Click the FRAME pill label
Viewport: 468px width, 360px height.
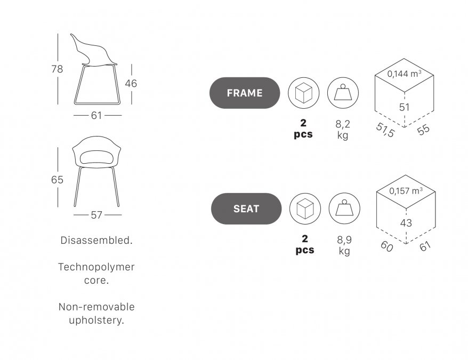[x=245, y=93]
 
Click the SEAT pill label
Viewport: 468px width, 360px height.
[x=246, y=209]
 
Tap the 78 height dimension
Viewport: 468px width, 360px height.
[x=57, y=69]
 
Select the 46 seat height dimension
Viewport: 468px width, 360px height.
[x=131, y=83]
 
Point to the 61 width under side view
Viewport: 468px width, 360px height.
[x=96, y=115]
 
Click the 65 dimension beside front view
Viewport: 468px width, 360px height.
[x=57, y=180]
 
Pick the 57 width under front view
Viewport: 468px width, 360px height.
[x=96, y=215]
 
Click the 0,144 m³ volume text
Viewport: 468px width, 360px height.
[x=405, y=74]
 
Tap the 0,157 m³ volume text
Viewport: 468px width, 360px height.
[x=406, y=190]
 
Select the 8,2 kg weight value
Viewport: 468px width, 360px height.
[x=343, y=130]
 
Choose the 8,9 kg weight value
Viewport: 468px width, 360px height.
[x=344, y=245]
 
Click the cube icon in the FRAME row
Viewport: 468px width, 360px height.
[x=303, y=93]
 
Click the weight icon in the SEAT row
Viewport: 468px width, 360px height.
[x=344, y=209]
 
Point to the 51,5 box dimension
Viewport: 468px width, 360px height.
[x=385, y=130]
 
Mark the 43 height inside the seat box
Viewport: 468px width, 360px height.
[x=406, y=223]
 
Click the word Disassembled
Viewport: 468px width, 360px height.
[x=96, y=240]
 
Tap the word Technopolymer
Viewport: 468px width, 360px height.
[x=96, y=267]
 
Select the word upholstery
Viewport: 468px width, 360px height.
[x=96, y=320]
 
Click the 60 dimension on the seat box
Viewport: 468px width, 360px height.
[x=387, y=246]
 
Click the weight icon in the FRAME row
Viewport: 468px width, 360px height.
[x=343, y=93]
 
